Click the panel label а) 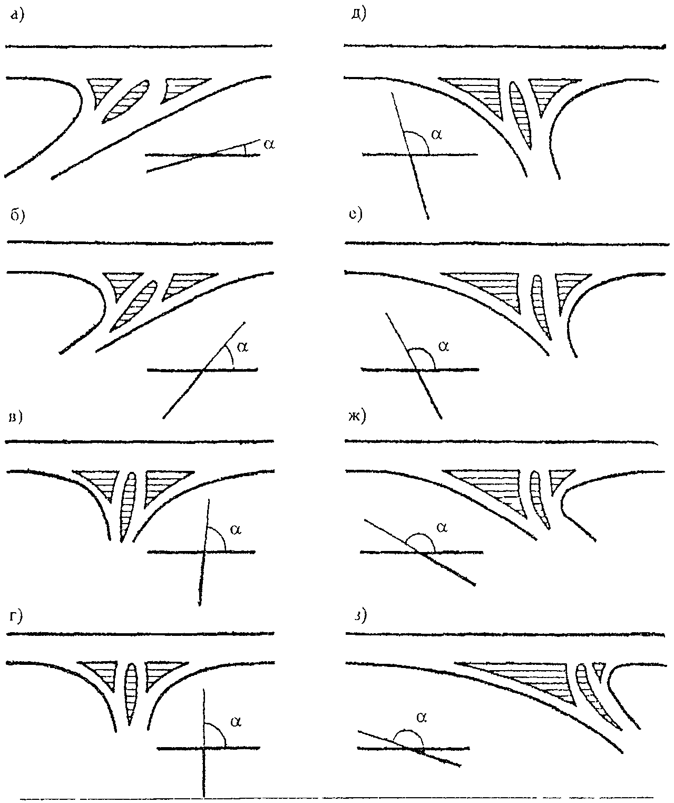point(17,17)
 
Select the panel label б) point(17,217)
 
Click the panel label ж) point(356,416)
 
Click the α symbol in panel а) point(269,143)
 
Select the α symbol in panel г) point(236,722)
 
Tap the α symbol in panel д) point(436,134)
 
